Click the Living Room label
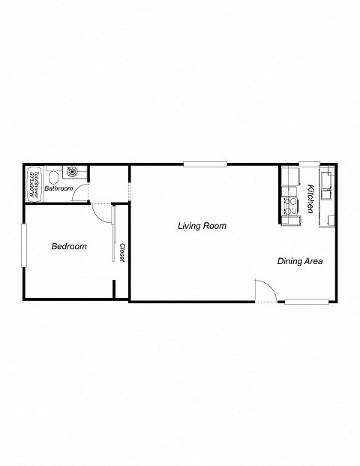(x=202, y=226)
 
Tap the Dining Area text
(x=300, y=262)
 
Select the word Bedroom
(x=69, y=246)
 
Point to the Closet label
(x=121, y=252)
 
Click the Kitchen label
(x=310, y=199)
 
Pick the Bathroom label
(x=58, y=188)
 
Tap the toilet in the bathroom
(x=54, y=177)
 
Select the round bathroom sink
(x=73, y=171)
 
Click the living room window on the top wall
(x=205, y=164)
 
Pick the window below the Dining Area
(x=306, y=302)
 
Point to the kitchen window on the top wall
(x=309, y=164)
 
